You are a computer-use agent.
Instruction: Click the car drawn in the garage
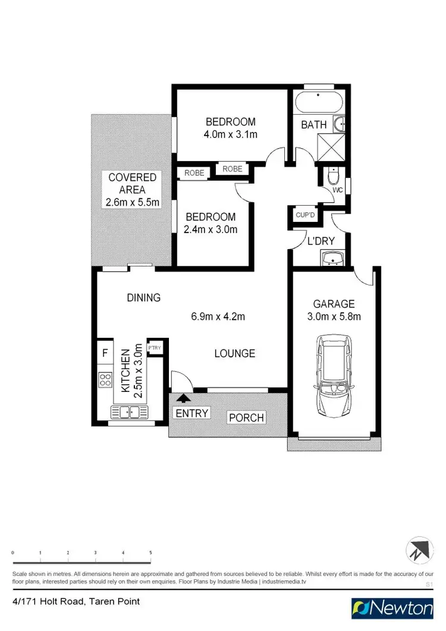(x=334, y=376)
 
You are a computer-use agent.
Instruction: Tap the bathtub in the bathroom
(x=318, y=102)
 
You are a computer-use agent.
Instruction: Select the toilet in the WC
(x=334, y=177)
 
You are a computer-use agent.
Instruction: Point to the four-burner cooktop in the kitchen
(x=105, y=379)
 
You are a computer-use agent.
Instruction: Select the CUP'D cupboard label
(x=306, y=215)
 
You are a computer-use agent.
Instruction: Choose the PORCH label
(x=246, y=417)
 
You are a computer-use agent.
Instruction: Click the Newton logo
(x=392, y=608)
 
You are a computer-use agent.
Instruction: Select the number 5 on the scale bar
(x=150, y=552)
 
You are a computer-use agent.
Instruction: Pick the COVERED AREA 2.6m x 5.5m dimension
(x=132, y=203)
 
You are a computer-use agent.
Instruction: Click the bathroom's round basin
(x=340, y=124)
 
